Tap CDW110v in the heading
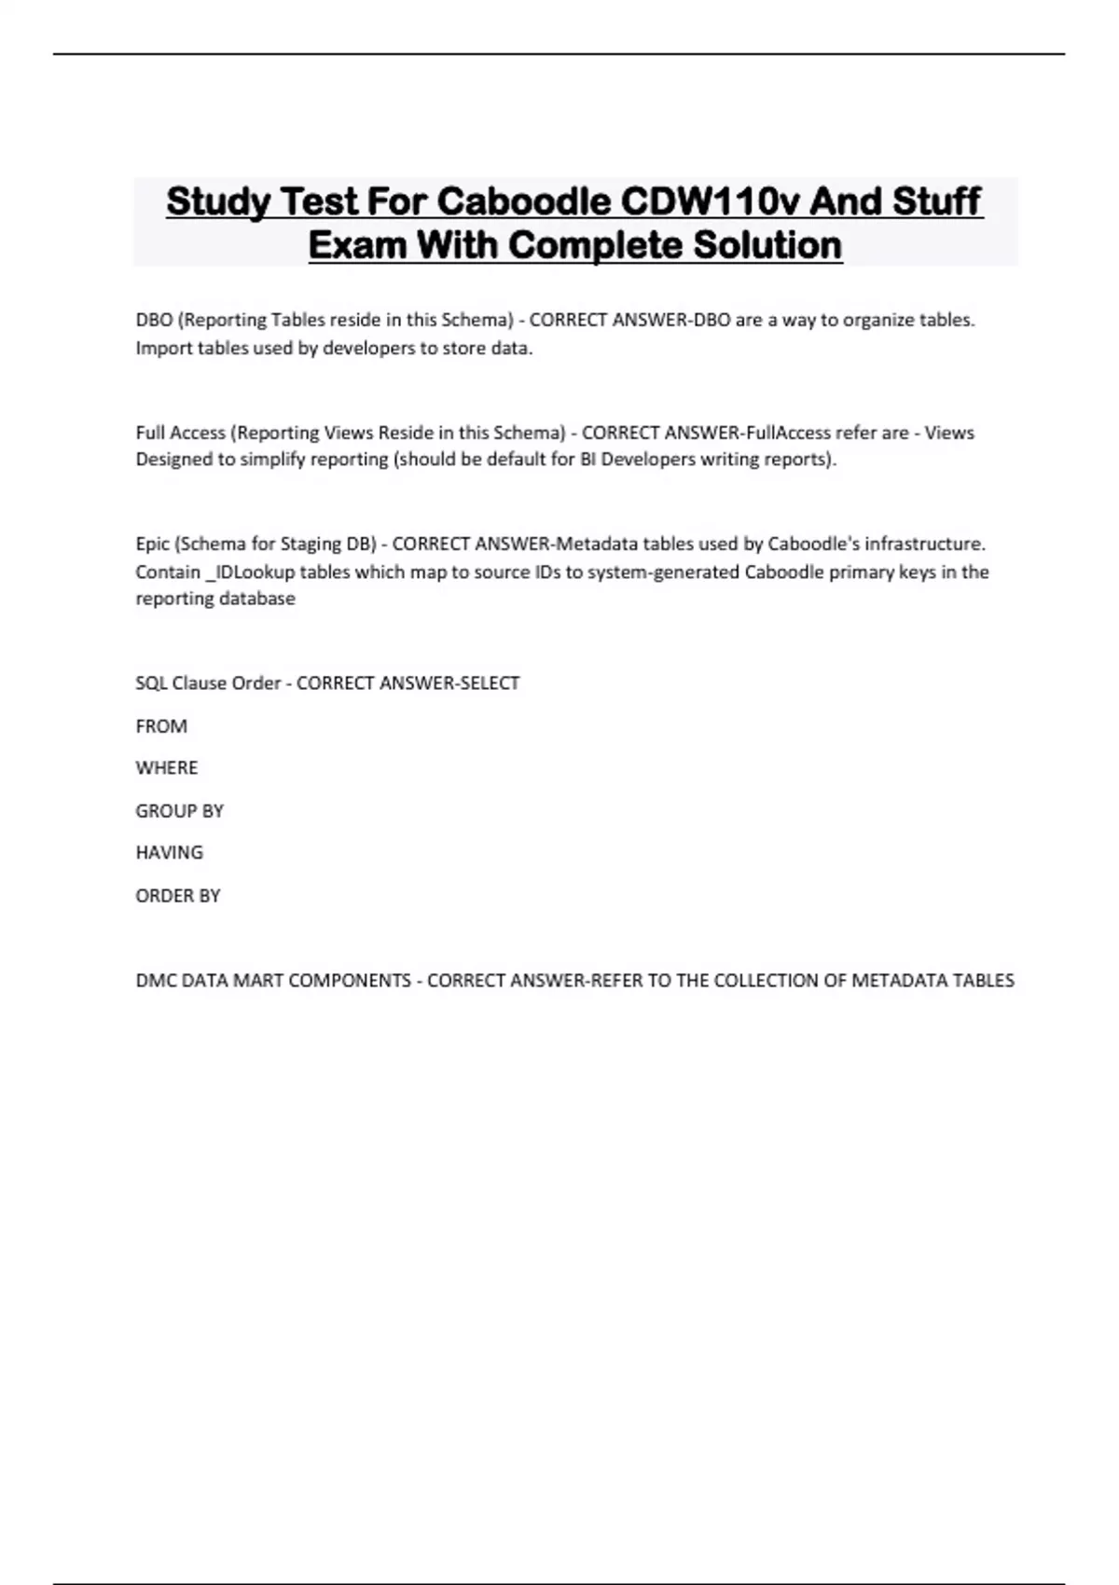point(711,201)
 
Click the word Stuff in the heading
point(936,201)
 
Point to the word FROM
point(161,725)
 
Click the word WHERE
point(167,767)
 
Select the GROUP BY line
point(180,810)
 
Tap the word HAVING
point(169,852)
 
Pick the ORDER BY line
point(178,895)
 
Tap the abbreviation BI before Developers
point(588,459)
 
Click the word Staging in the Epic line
point(311,544)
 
